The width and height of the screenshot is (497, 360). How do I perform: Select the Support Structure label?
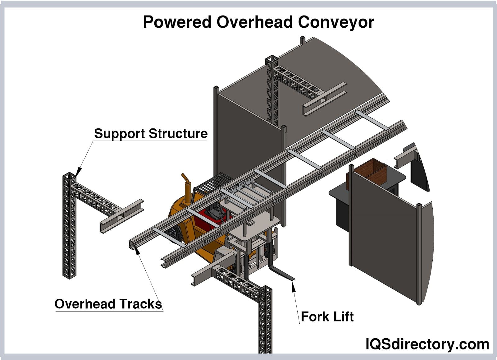(151, 133)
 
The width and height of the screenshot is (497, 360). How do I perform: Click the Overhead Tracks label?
(108, 304)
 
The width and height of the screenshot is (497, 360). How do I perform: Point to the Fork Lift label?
(327, 317)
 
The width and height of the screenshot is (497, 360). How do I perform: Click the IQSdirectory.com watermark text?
(427, 344)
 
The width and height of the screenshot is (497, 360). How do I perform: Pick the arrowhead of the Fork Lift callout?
(293, 285)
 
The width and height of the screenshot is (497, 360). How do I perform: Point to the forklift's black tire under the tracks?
(172, 235)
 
